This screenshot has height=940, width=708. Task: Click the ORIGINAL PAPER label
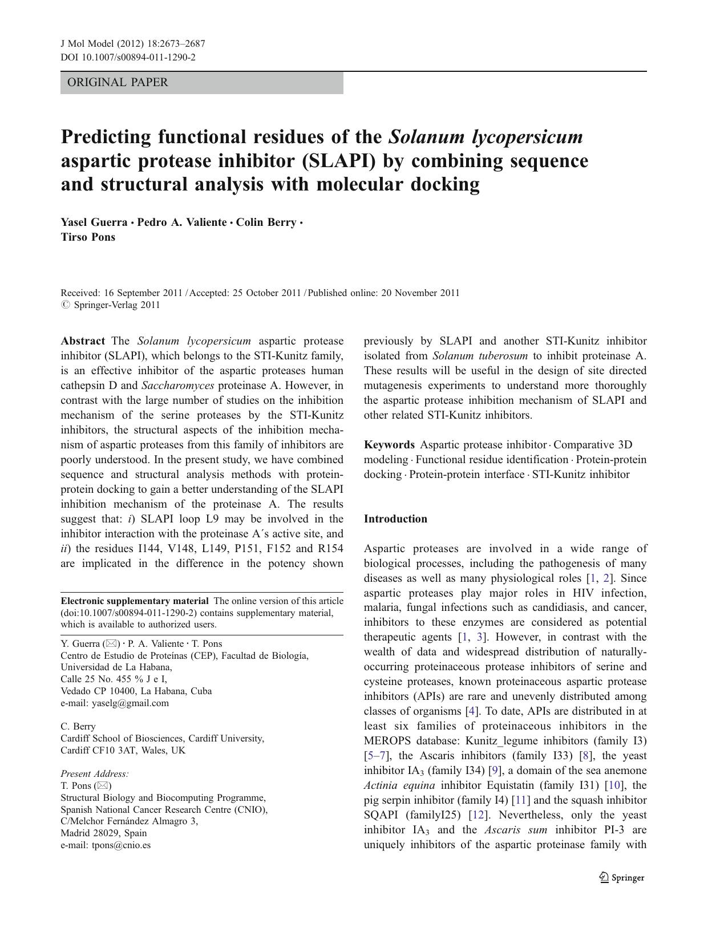118,82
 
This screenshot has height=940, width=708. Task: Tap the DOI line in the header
128,57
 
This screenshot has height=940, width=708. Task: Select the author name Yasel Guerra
94,222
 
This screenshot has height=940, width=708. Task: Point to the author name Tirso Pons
88,237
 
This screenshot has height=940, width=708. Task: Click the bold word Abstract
83,341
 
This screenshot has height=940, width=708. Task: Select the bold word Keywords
389,445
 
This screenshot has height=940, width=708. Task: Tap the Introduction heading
395,519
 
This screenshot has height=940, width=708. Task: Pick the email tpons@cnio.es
121,845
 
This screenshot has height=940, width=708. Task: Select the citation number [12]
477,815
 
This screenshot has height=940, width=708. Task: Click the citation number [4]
471,711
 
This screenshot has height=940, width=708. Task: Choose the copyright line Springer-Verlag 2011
117,305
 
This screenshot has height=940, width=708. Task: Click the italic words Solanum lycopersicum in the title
486,137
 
